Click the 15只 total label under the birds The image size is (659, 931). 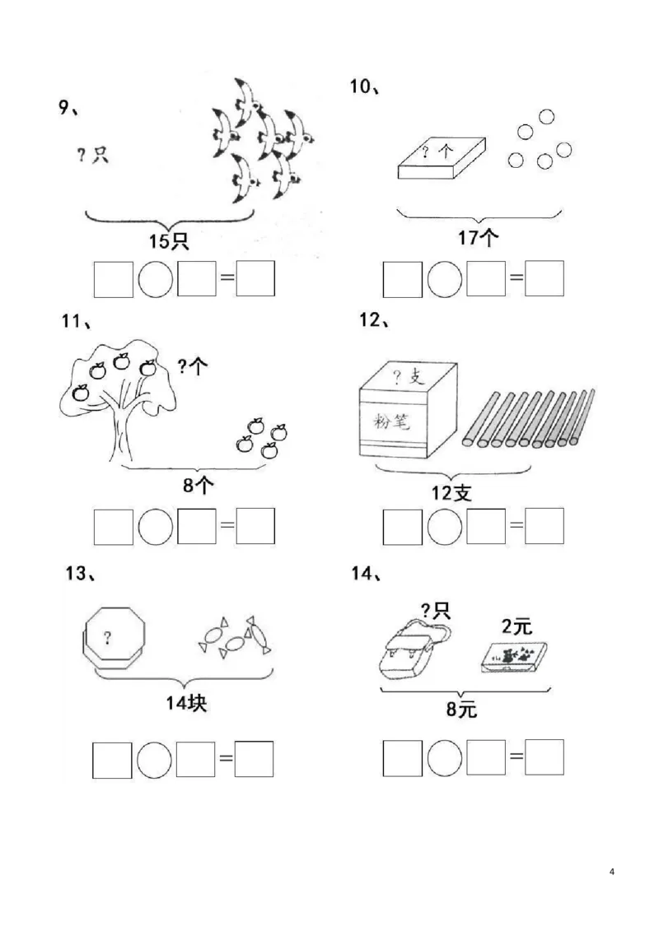click(170, 241)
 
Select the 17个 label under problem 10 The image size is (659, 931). click(478, 239)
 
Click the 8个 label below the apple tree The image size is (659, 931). click(198, 486)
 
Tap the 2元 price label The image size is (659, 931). click(516, 626)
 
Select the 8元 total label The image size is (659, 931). click(461, 709)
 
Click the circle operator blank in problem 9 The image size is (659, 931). click(155, 280)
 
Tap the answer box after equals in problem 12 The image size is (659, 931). click(544, 527)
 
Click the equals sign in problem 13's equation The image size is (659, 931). click(225, 760)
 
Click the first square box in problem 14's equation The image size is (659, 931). click(403, 758)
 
